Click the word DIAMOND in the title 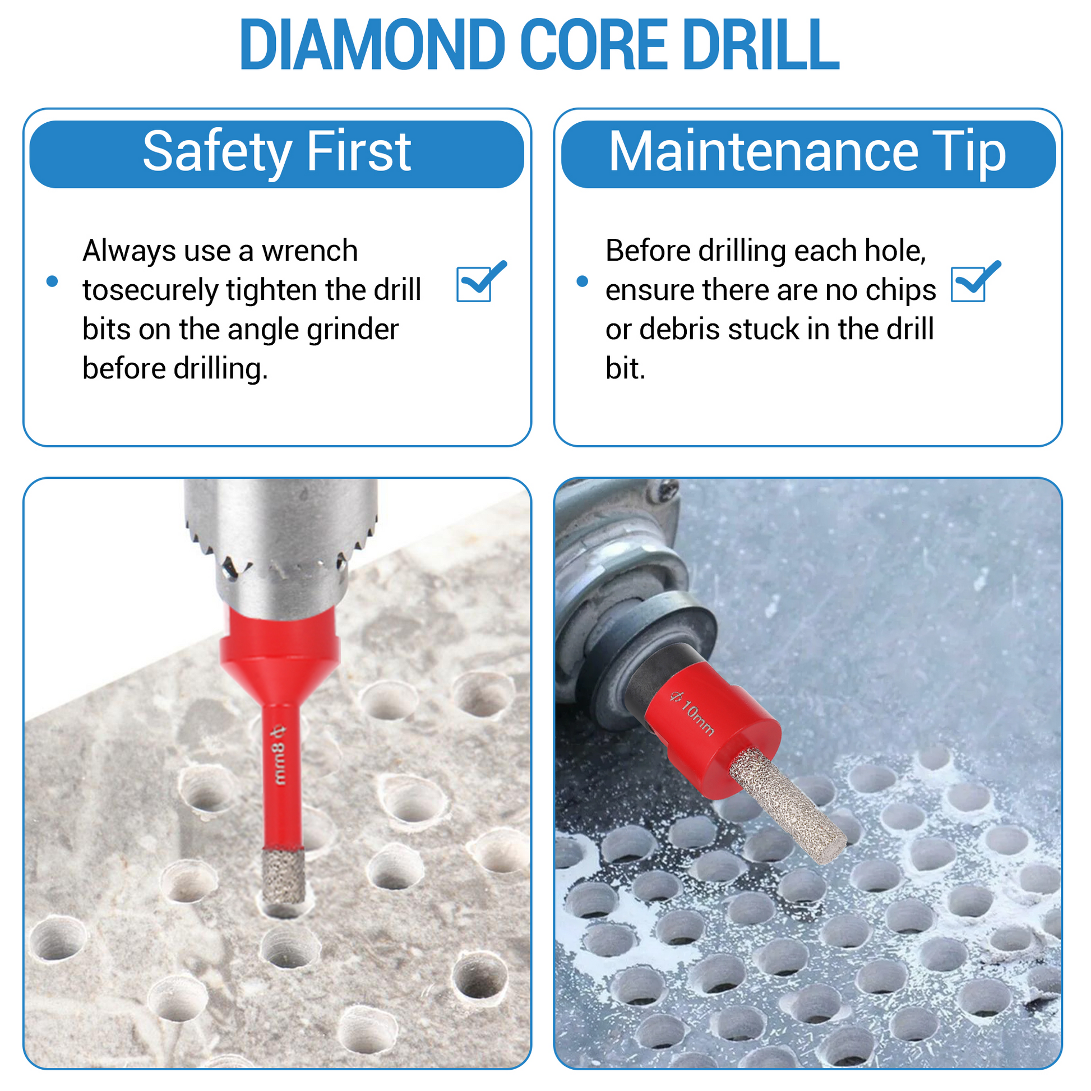(373, 45)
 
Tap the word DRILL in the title (761, 45)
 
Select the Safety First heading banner (277, 154)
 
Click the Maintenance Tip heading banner (808, 154)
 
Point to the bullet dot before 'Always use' (52, 281)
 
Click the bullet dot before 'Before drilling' (582, 281)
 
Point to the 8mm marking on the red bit (280, 756)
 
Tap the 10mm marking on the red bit (692, 714)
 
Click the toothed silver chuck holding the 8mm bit (281, 542)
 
